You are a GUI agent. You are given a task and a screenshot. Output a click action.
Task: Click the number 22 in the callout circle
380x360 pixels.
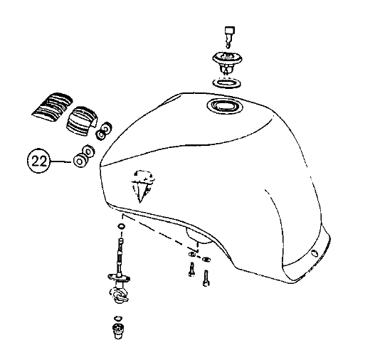coord(39,161)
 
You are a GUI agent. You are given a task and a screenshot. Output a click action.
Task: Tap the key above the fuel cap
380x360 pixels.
coord(230,36)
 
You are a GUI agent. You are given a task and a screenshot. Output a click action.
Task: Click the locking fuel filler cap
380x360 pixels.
coord(227,63)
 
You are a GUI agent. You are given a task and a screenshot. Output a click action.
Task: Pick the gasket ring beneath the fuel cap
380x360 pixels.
coord(227,83)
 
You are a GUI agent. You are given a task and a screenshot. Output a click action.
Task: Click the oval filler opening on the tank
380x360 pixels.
coord(225,106)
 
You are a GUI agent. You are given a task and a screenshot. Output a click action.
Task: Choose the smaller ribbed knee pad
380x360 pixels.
coord(81,120)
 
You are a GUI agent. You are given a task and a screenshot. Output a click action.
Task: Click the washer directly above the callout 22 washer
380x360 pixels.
coord(88,151)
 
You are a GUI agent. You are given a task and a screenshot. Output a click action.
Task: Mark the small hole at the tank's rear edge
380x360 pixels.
coord(314,253)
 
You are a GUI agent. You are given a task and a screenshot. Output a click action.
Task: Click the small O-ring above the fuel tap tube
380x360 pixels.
coord(121,226)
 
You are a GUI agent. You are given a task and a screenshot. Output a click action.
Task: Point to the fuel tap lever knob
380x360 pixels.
coord(119,295)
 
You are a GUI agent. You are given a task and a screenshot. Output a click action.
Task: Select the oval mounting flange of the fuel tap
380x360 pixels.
coord(119,276)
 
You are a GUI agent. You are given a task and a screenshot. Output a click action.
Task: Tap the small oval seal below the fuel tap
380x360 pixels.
coord(118,318)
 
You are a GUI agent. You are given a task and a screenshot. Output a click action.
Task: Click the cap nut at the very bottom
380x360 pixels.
coord(117,330)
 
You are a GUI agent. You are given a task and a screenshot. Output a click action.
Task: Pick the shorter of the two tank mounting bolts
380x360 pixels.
coord(191,269)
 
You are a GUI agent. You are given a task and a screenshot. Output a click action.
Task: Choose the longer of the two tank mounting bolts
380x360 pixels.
coord(206,278)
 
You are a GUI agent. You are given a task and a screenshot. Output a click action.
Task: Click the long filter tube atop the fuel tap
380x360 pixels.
coord(120,256)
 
